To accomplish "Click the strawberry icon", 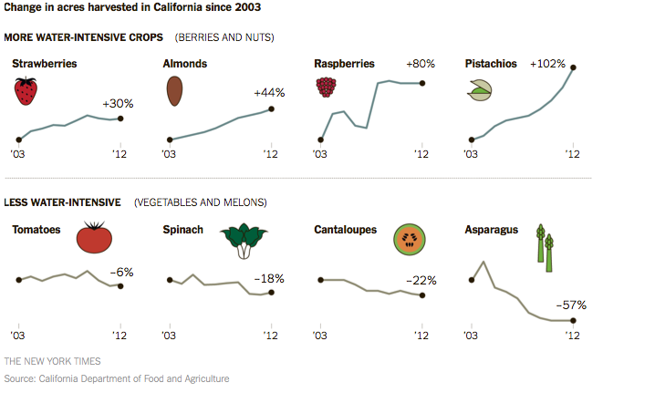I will tap(26, 91).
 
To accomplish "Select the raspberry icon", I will tap(326, 87).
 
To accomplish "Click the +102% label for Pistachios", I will tap(547, 64).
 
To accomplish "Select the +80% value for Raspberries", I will tap(421, 64).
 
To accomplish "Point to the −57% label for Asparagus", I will tap(571, 305).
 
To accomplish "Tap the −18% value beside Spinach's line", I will tap(270, 277).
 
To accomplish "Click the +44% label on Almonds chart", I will tap(269, 92).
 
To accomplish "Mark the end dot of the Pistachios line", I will tap(574, 67).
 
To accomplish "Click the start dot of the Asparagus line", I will tap(471, 280).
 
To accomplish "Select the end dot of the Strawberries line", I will tap(121, 119).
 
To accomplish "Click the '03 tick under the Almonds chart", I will tap(169, 155).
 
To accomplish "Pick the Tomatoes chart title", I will tap(36, 230).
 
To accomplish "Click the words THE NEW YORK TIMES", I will tap(52, 361).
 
